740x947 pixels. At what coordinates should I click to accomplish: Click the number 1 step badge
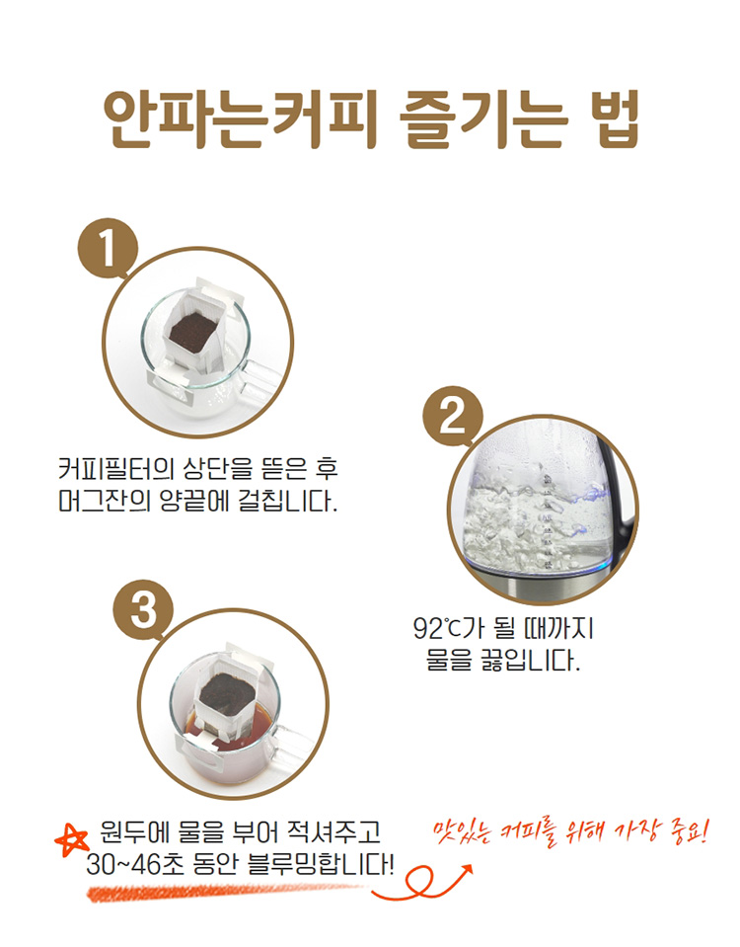coord(109,248)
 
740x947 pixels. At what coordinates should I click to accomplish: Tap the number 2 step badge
coord(453,417)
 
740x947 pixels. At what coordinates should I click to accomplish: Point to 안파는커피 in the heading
coord(240,118)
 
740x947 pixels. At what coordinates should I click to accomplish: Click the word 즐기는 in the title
coord(483,118)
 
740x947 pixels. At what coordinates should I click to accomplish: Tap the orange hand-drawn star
coord(71,840)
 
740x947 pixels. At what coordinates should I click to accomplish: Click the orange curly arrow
coord(422,883)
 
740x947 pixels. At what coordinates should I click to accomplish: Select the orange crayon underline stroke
coord(223,891)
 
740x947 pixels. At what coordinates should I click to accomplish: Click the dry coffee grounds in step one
coord(193,331)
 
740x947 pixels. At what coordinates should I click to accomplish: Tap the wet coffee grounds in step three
coord(228,693)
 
